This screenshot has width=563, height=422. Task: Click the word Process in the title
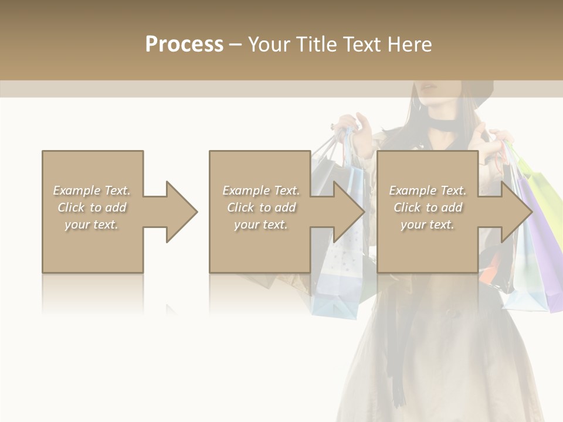[184, 45]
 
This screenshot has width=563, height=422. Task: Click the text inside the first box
[92, 207]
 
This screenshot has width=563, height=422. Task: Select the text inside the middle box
[260, 207]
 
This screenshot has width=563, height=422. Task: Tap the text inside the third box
[428, 207]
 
